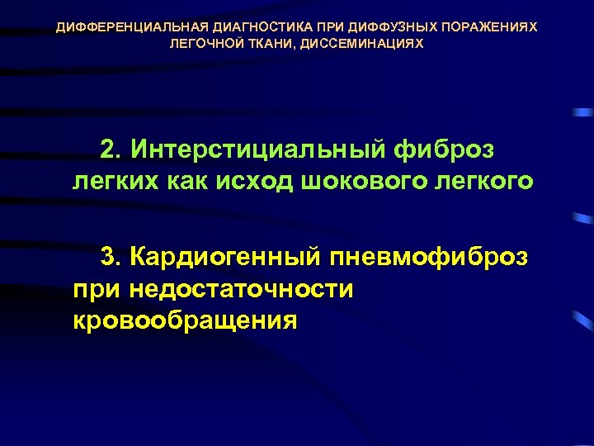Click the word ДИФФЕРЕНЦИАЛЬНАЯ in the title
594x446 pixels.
(x=110, y=27)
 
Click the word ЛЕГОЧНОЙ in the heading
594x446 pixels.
(x=205, y=43)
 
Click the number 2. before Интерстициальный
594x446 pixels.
(x=111, y=150)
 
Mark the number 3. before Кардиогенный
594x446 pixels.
(x=111, y=258)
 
